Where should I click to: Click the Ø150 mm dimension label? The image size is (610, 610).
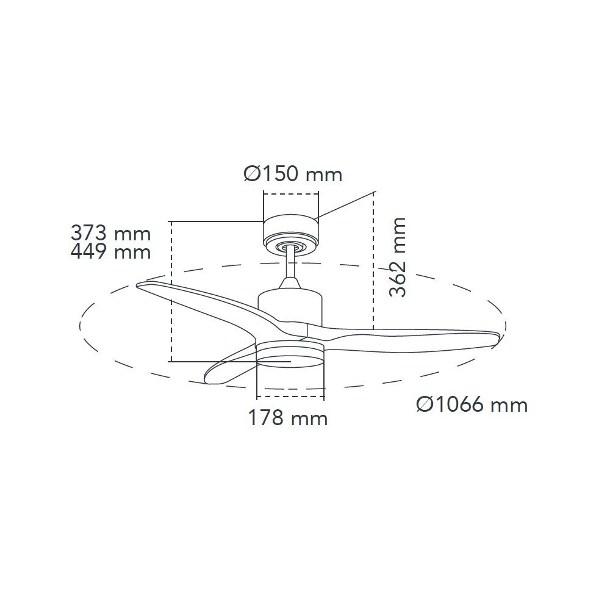pos(293,174)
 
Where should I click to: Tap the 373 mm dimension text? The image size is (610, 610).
pos(110,232)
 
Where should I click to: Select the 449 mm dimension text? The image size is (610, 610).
pos(110,251)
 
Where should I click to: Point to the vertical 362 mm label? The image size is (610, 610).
pos(398,256)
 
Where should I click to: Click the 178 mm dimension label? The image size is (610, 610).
pos(287,418)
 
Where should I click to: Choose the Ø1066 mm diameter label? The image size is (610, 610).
pos(472,404)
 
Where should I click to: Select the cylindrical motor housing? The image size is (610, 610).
pos(289,309)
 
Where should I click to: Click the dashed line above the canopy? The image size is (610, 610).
pos(290,194)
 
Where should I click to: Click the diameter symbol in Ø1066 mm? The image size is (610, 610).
pos(425,404)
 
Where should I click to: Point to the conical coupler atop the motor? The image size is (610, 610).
pos(290,284)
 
